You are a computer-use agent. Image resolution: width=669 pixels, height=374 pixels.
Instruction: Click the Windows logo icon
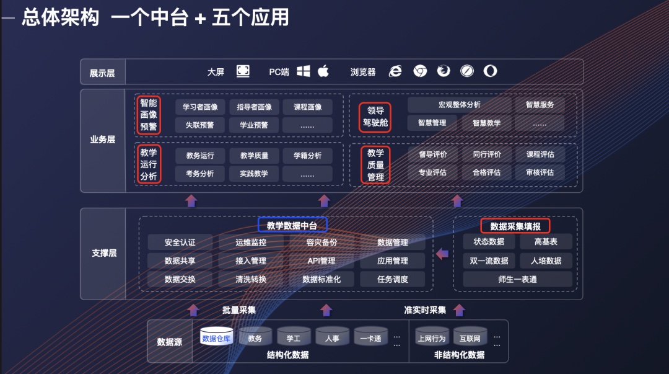click(304, 71)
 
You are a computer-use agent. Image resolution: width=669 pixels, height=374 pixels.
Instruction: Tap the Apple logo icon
click(323, 71)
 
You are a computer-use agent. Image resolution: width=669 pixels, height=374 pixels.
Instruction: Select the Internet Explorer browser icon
click(395, 71)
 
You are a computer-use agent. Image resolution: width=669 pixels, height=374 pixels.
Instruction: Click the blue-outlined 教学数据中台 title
click(292, 225)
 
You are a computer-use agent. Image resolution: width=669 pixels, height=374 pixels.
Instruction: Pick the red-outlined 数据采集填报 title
click(515, 226)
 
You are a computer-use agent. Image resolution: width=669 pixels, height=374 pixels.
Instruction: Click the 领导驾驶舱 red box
click(375, 117)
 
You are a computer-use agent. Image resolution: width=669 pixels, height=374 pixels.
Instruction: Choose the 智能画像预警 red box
click(149, 115)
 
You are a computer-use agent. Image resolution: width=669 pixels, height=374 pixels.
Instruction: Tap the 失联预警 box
click(199, 125)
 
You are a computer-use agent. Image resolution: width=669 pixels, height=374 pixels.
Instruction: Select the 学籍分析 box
click(308, 156)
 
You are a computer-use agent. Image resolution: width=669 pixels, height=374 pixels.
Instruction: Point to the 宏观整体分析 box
click(460, 105)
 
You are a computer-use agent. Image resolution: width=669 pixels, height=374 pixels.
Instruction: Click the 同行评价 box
click(486, 154)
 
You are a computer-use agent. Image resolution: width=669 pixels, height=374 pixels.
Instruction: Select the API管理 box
click(321, 260)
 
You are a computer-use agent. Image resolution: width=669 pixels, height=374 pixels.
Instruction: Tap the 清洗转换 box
click(251, 279)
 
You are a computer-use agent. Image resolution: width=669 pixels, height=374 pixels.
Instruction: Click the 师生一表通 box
click(517, 279)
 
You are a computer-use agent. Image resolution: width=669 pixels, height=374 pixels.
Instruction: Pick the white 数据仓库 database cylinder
click(216, 336)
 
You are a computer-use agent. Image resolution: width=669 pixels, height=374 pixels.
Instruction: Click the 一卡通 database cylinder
click(371, 336)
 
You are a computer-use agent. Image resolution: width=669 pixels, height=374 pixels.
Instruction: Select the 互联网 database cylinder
click(470, 336)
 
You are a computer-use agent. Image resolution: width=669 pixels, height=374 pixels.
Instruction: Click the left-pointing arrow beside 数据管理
click(442, 254)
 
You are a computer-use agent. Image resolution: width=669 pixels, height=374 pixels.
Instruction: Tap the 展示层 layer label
click(102, 73)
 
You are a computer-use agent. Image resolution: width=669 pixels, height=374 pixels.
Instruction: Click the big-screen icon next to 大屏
click(243, 71)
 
